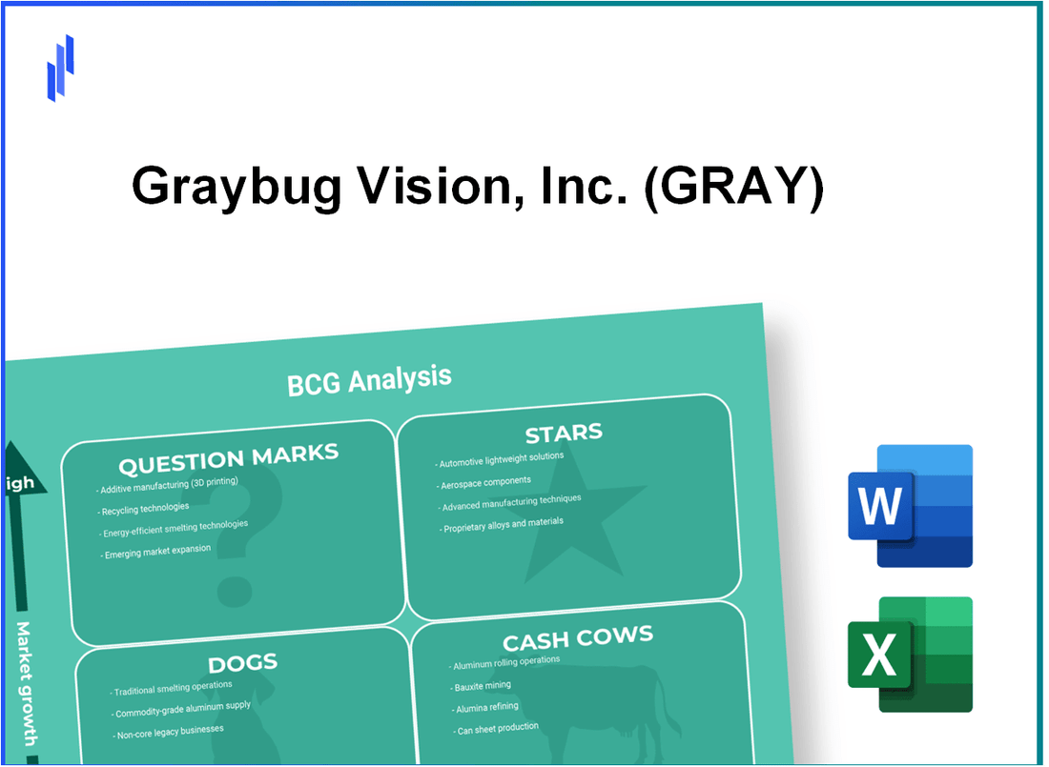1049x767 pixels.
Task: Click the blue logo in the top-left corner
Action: (x=60, y=68)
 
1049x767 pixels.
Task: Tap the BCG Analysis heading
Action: (x=369, y=380)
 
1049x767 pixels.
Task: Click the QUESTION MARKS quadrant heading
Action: (x=228, y=459)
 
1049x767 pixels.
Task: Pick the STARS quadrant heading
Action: (x=564, y=434)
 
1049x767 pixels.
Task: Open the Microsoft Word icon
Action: (x=910, y=506)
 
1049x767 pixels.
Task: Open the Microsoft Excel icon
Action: (x=910, y=655)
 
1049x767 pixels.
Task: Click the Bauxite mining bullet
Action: (x=482, y=686)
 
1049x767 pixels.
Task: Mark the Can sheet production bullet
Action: (x=496, y=728)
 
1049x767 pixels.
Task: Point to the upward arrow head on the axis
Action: (x=18, y=448)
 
